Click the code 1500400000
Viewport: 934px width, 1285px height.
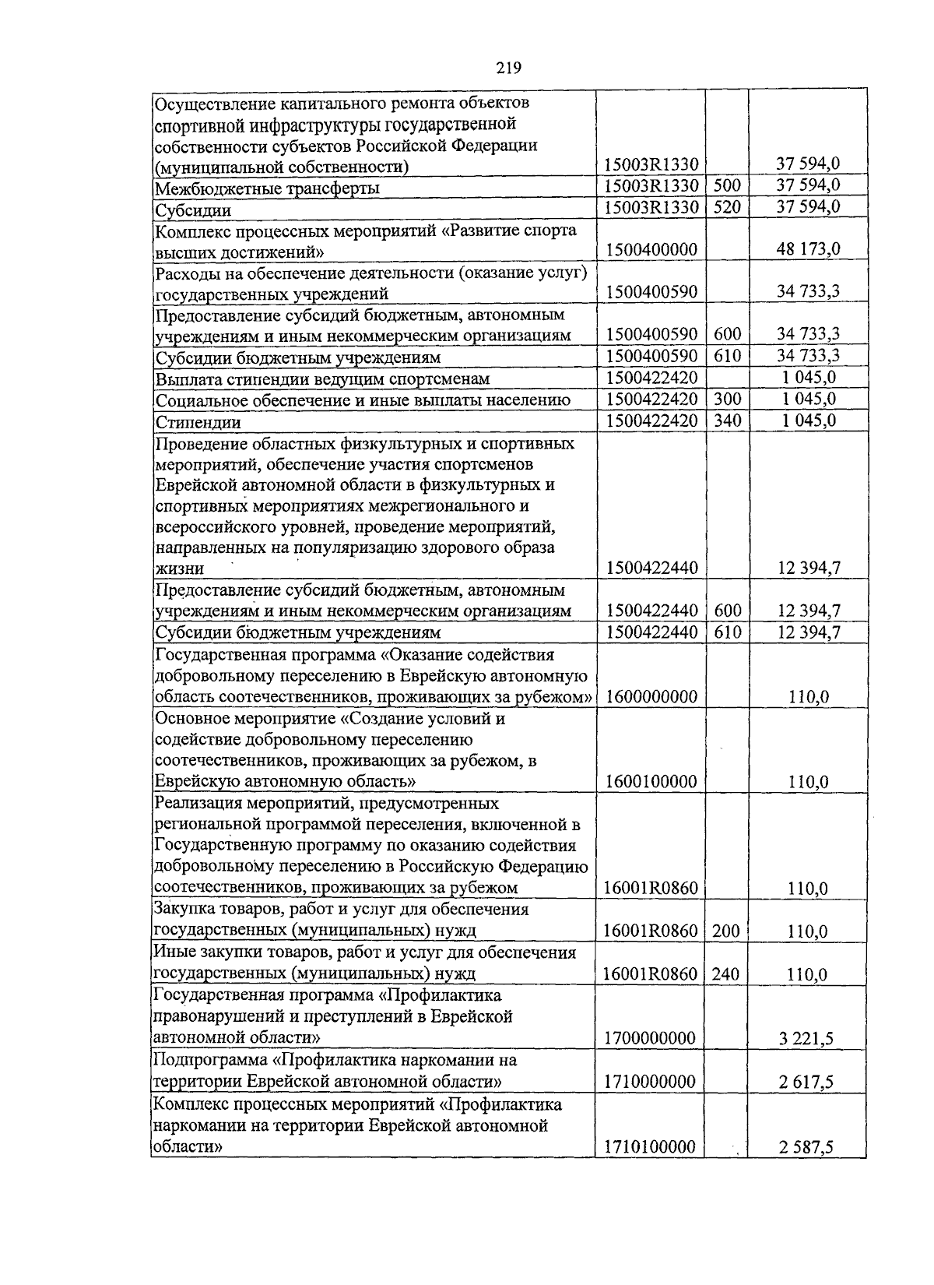coord(651,250)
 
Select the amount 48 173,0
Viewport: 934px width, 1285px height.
coord(808,250)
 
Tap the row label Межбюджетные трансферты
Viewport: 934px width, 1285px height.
coord(267,188)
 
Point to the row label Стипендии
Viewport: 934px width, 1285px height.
coord(198,422)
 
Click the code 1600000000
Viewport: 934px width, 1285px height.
coord(651,697)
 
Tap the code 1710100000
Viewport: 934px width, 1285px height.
coord(651,1147)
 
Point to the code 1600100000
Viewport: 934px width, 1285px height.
coord(651,782)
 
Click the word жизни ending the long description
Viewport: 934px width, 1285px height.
coord(179,569)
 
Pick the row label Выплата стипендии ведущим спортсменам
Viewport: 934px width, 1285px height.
coord(322,379)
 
